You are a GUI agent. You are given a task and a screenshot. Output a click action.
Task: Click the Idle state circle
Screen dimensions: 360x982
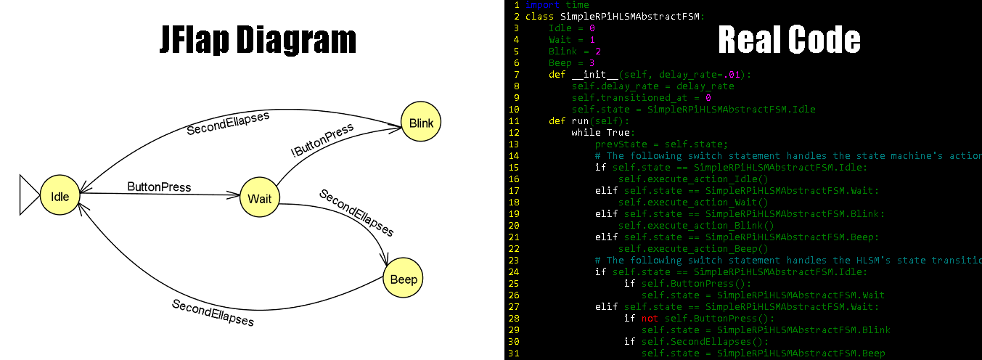click(60, 195)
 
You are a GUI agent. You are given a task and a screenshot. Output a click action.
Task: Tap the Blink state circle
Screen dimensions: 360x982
click(421, 123)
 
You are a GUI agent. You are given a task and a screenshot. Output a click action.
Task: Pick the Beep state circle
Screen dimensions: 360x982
click(403, 279)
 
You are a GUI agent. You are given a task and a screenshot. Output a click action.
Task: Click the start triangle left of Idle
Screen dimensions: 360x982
click(30, 195)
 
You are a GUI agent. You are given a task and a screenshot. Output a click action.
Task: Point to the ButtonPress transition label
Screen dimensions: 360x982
click(159, 187)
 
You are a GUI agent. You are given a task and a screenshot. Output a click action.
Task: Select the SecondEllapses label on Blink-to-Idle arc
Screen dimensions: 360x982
click(228, 123)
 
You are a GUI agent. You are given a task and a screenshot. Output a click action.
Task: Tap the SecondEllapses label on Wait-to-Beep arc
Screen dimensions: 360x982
click(356, 213)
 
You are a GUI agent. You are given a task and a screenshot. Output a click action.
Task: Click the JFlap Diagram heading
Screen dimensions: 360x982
click(258, 40)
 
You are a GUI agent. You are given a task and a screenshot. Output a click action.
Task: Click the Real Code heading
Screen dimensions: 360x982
click(789, 40)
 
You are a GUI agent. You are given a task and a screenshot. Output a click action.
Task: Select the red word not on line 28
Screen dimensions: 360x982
click(650, 319)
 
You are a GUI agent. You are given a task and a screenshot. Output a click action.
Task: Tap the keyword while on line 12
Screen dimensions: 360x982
click(586, 133)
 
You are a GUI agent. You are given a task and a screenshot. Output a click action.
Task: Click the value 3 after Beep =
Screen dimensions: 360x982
click(592, 63)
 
